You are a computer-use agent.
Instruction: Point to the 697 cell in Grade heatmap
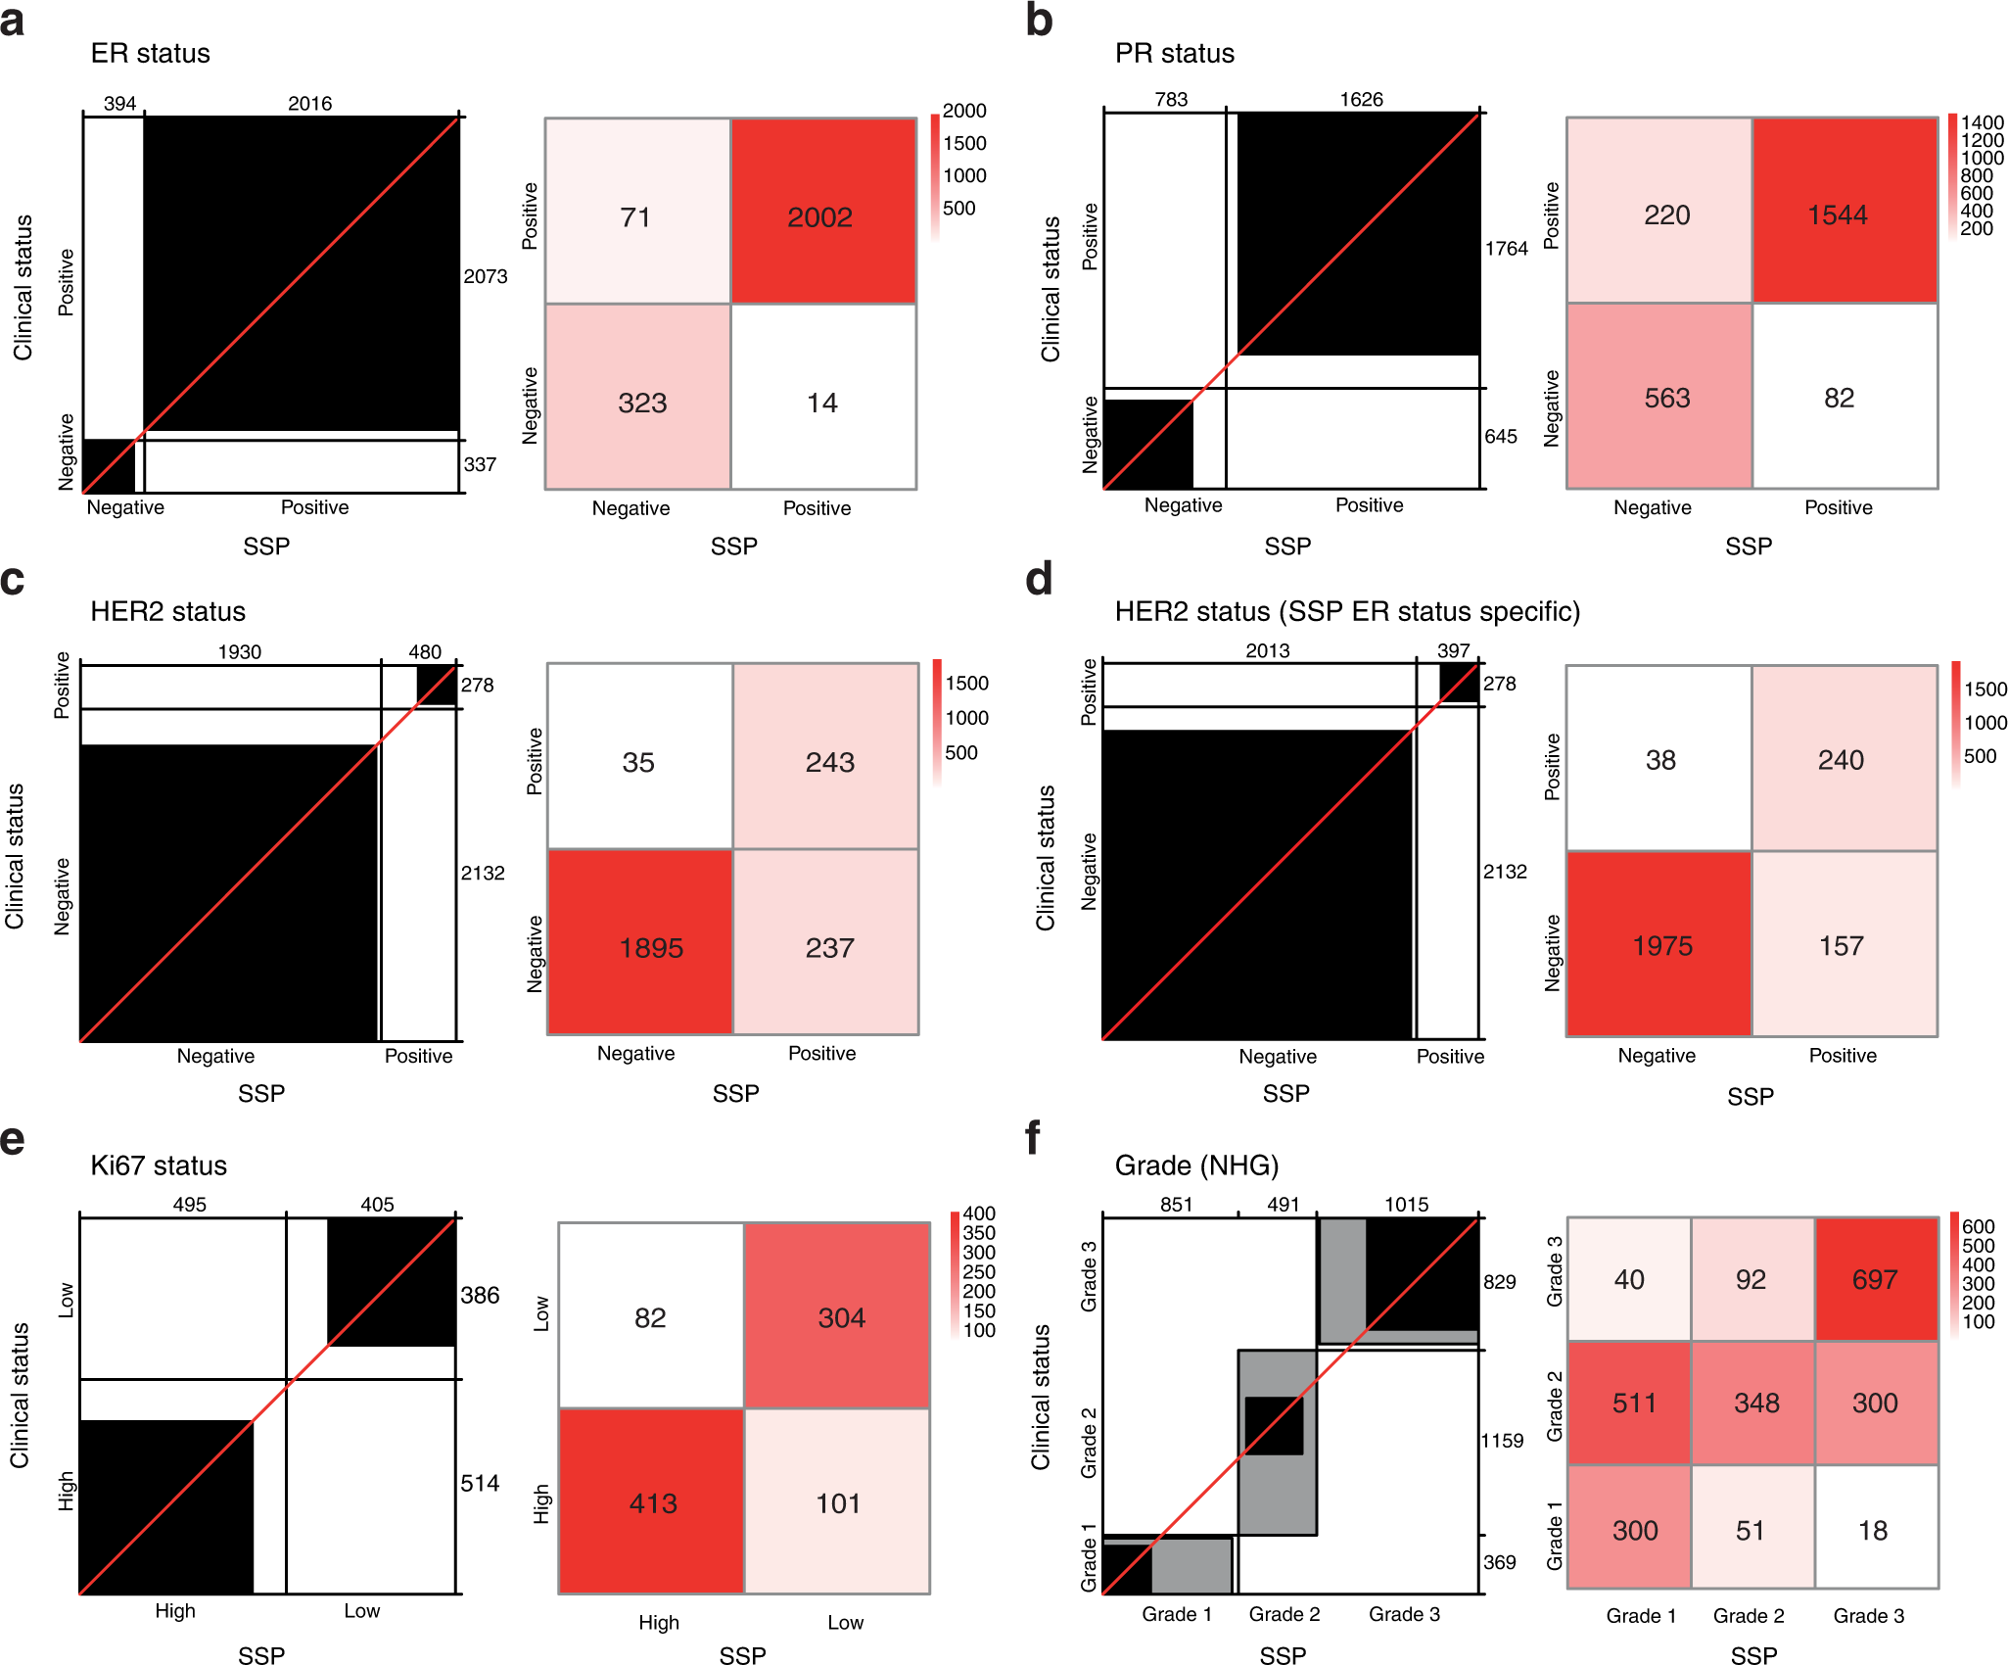click(x=1876, y=1279)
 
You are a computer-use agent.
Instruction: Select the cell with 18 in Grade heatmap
click(x=1874, y=1530)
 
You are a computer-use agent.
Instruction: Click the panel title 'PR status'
click(x=1174, y=54)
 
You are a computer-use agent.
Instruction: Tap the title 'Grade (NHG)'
click(x=1196, y=1165)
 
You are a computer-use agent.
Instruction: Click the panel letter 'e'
click(x=13, y=1140)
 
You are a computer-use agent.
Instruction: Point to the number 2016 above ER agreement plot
click(x=309, y=103)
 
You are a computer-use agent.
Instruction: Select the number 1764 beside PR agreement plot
click(x=1506, y=249)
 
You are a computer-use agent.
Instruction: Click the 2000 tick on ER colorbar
click(x=963, y=111)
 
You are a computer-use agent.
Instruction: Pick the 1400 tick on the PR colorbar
click(x=1982, y=122)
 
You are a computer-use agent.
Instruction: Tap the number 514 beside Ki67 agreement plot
click(x=480, y=1484)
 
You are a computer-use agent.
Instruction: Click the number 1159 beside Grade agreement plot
click(x=1502, y=1441)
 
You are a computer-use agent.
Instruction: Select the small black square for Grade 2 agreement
click(x=1274, y=1425)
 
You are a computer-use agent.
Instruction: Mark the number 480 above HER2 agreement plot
click(x=425, y=652)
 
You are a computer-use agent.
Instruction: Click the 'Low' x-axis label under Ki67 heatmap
click(x=845, y=1623)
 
